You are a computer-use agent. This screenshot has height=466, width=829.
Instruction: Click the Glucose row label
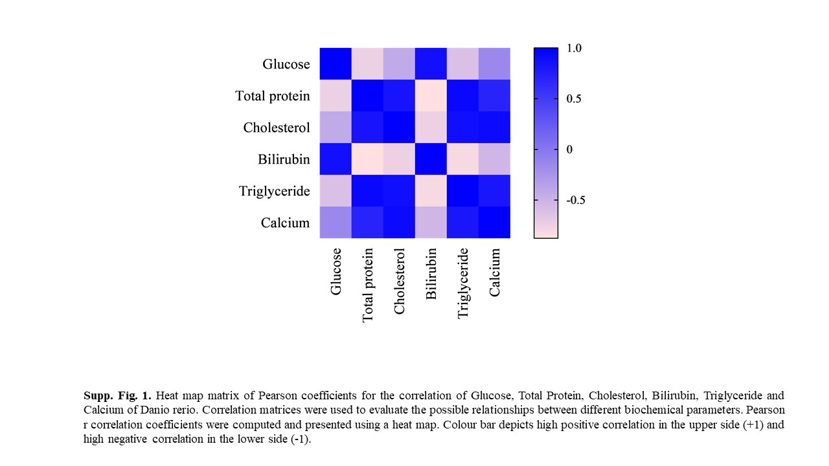286,64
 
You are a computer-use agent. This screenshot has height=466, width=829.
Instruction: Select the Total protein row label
272,96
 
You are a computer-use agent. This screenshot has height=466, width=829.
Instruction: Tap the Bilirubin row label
284,159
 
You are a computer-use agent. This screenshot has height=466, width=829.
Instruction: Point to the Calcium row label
285,223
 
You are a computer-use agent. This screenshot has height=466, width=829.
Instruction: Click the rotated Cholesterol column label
399,281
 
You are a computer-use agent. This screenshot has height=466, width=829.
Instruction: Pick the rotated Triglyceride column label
462,283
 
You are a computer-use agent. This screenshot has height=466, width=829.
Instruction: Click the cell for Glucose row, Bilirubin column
431,63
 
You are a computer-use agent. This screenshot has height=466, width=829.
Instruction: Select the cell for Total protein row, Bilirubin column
431,95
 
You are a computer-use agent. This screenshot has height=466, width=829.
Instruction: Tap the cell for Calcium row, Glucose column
335,222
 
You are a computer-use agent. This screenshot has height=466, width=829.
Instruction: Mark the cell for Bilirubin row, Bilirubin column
431,159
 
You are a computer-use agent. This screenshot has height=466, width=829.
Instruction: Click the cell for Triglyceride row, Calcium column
494,190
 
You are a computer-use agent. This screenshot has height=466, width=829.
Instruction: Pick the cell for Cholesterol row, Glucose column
335,127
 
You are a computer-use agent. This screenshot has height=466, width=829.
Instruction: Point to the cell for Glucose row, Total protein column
367,63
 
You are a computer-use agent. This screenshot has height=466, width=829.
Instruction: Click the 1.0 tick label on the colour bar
574,48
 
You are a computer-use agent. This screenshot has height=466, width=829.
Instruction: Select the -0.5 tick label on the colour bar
575,200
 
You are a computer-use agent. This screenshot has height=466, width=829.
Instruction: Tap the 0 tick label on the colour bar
569,150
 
